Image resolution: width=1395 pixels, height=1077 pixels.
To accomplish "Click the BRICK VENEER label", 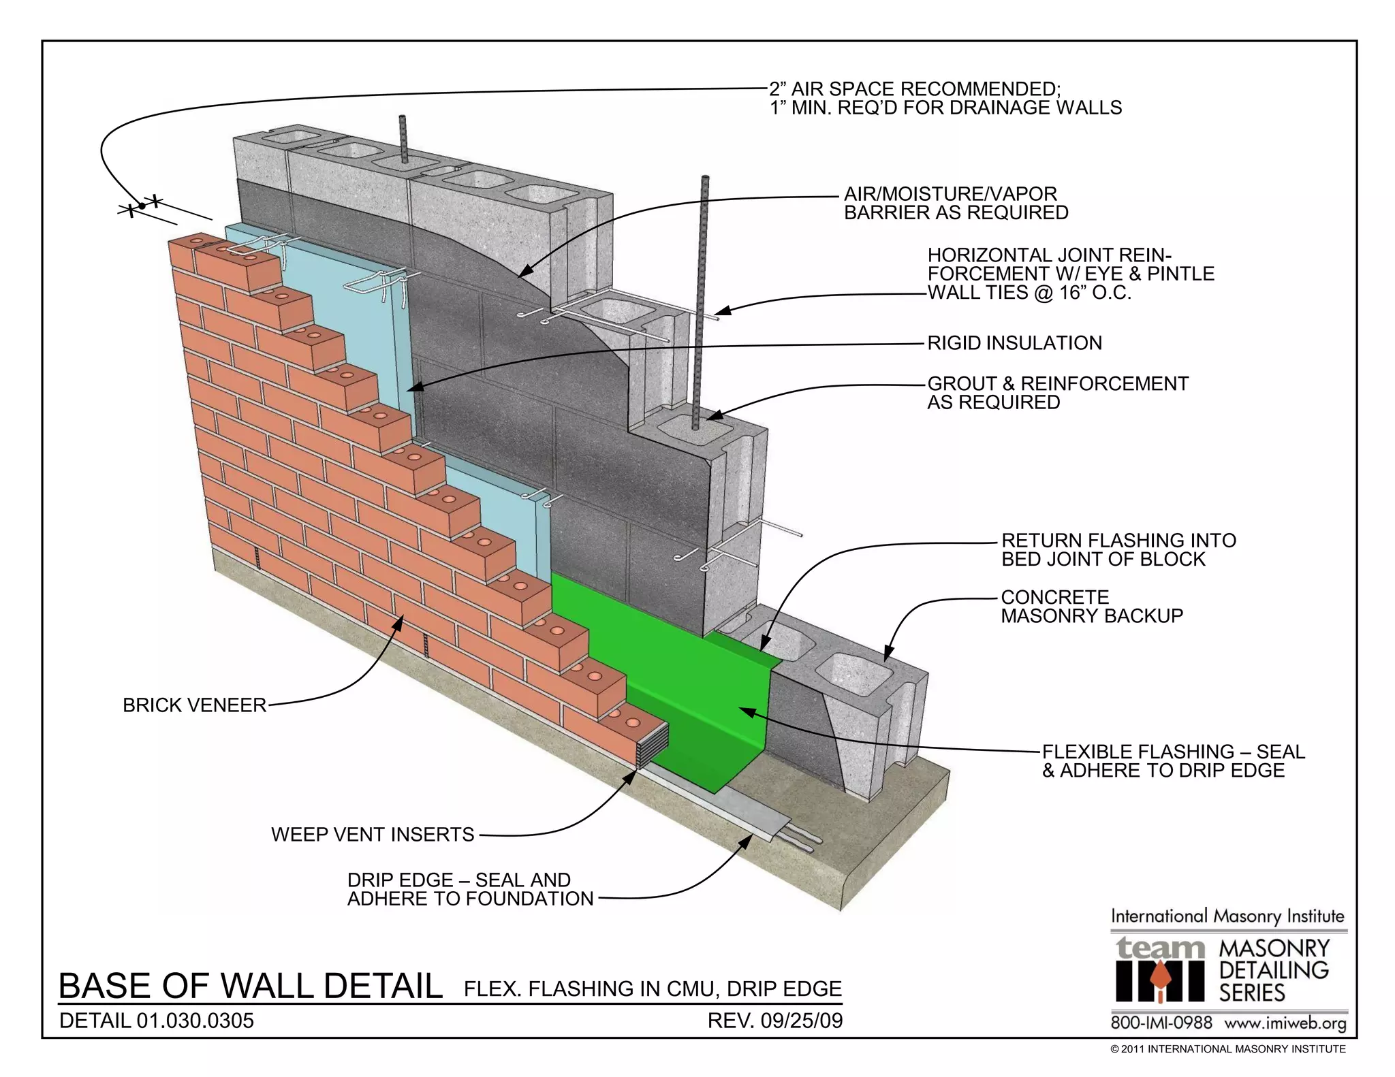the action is click(x=194, y=705).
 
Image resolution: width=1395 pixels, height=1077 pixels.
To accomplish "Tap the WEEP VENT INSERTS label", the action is click(x=373, y=835).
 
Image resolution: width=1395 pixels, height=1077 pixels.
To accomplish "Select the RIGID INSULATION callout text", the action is click(x=1014, y=343).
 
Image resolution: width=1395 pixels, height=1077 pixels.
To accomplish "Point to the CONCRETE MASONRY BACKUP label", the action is click(x=1091, y=607).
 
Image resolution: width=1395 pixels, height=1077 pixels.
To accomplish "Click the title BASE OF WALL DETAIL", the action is click(x=251, y=986).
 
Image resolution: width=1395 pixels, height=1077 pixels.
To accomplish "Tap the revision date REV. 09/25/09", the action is click(x=775, y=1021).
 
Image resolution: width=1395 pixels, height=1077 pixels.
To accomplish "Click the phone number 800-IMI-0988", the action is click(x=1161, y=1023).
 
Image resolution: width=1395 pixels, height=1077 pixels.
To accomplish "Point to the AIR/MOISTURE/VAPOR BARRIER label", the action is click(x=956, y=204).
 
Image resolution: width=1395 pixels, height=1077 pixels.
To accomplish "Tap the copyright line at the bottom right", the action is click(x=1227, y=1049).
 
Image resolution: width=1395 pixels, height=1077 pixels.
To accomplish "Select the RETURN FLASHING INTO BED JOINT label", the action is click(x=1118, y=550).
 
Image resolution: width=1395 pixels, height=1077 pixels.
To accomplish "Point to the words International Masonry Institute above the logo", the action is click(x=1227, y=916).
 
